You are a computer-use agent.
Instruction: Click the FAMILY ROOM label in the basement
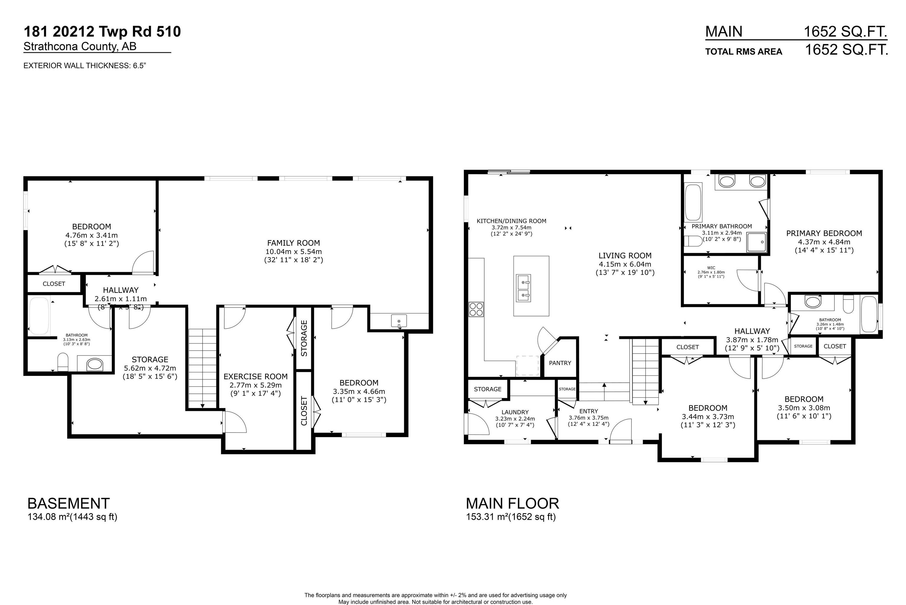293,243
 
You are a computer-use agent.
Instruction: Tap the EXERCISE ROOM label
255,376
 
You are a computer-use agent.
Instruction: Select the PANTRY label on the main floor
560,363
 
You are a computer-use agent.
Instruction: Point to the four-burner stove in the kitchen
476,310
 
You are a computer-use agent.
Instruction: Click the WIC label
711,268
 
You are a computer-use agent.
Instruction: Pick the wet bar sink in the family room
399,321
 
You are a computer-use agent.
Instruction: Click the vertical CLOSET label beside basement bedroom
304,411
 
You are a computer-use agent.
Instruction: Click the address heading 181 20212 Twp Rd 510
102,32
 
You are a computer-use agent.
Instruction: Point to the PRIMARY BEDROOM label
824,233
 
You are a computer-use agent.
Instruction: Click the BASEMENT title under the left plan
68,503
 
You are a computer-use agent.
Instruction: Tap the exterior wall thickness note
85,65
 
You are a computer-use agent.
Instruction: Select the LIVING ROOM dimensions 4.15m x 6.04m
625,264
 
